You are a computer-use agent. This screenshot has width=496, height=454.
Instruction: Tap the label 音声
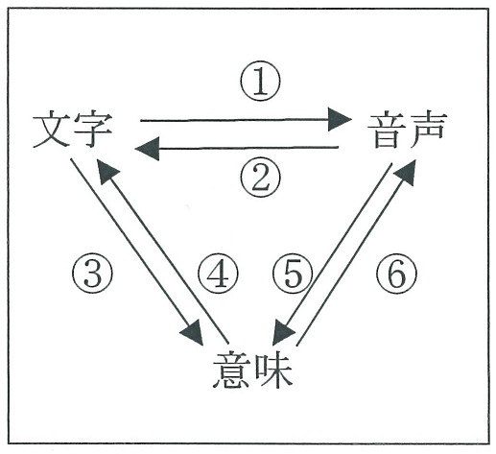tap(406, 131)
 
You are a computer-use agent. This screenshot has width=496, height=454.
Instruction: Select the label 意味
tap(252, 370)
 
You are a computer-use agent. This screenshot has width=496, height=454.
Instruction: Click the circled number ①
tap(260, 81)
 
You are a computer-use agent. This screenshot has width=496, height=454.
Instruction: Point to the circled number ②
tap(261, 178)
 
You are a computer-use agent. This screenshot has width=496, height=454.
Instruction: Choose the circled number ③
tap(92, 273)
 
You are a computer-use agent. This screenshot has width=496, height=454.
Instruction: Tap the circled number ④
tap(218, 273)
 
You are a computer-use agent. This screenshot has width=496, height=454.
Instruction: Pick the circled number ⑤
tap(293, 273)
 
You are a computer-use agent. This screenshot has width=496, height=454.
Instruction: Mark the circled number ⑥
tap(396, 273)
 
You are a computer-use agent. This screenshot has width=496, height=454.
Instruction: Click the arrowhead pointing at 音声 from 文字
tap(340, 120)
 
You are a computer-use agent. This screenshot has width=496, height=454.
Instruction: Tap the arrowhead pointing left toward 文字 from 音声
tap(147, 149)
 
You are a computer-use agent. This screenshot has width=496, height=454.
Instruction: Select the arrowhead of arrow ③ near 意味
tap(193, 333)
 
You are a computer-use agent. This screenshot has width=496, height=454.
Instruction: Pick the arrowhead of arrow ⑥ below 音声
tap(406, 173)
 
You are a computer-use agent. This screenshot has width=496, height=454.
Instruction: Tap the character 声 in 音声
tap(426, 131)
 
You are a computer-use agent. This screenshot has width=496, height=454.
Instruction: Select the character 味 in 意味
tap(273, 370)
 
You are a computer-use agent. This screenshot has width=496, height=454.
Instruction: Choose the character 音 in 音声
tap(386, 131)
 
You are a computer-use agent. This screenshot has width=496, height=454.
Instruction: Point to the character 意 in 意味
tap(231, 370)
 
